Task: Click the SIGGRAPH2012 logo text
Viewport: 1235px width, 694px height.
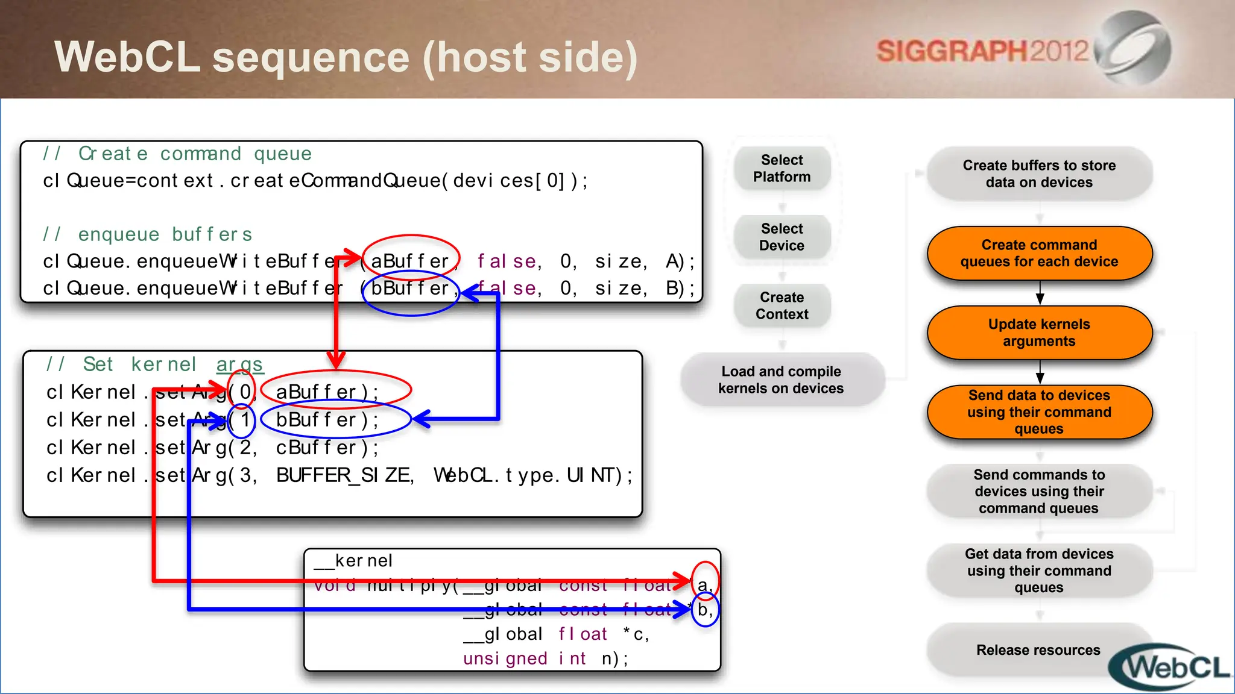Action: tap(982, 51)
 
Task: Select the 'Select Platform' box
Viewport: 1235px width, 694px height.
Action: tap(782, 169)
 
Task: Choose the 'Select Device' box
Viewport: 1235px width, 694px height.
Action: tap(782, 237)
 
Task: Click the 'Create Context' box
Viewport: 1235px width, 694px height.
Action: tap(782, 306)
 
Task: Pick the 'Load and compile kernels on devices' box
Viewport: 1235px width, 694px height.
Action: tap(782, 380)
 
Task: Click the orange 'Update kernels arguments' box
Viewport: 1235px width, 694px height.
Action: tap(1039, 333)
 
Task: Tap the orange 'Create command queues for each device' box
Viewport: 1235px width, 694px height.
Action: tap(1039, 253)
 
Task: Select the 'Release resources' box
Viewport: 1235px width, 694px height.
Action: tap(1038, 650)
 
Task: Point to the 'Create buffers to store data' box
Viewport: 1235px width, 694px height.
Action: tap(1039, 173)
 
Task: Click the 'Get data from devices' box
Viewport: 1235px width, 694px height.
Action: tap(1039, 571)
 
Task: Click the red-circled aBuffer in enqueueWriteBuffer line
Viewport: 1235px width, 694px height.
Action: tap(410, 261)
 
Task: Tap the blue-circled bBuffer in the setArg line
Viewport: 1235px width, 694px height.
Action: tap(335, 420)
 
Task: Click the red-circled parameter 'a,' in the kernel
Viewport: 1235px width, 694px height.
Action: tap(704, 584)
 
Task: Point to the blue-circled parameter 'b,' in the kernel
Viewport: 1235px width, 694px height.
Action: tap(704, 610)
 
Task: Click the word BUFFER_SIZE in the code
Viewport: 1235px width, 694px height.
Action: tap(344, 475)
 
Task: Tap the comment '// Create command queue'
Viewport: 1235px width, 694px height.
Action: tap(177, 154)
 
